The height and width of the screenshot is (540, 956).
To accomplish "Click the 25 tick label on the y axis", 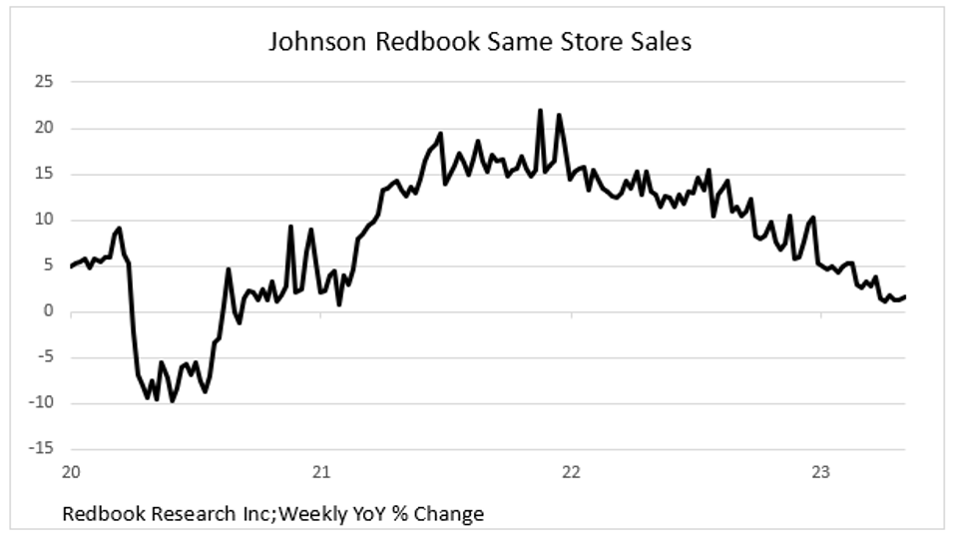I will click(41, 82).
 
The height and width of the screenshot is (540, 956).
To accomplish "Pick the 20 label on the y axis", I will click(41, 128).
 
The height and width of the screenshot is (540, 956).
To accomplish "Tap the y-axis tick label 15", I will click(41, 174).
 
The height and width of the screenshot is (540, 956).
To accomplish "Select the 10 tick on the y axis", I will click(41, 220).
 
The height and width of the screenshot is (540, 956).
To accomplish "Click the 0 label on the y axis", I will click(46, 311).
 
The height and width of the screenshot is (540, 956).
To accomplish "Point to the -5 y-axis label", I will click(42, 357).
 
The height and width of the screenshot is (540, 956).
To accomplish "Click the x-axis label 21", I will click(320, 472).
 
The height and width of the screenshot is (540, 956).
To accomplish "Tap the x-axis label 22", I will click(571, 472).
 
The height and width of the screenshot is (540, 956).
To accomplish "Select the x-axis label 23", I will click(820, 472).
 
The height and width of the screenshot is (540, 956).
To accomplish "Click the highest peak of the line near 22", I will click(540, 111).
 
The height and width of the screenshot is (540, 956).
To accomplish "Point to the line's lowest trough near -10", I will click(173, 401).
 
